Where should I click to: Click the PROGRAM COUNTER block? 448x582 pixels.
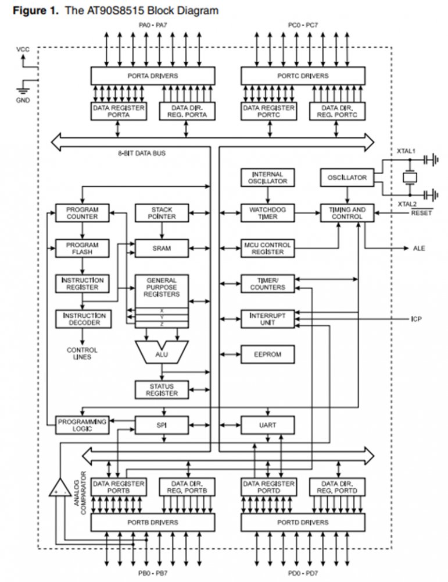point(82,213)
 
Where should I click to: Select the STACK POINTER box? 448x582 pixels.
point(162,213)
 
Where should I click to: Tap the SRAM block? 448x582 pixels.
point(162,248)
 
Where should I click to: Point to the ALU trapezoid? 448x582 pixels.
point(161,350)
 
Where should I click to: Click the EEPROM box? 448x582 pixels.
point(267,354)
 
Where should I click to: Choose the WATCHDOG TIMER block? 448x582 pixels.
point(267,213)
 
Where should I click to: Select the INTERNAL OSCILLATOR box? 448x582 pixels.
point(267,178)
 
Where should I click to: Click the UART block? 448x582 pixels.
point(267,425)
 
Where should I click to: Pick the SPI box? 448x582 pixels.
point(162,425)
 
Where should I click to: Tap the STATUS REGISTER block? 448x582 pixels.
point(162,389)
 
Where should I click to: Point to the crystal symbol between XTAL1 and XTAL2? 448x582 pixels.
point(410,177)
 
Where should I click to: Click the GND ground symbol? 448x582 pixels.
point(23,90)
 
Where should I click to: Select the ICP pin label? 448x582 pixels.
point(415,320)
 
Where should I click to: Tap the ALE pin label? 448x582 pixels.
point(419,249)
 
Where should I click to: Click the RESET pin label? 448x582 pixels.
point(422,213)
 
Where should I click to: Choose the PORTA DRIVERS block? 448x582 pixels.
point(152,76)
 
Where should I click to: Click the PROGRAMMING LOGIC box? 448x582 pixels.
point(82,425)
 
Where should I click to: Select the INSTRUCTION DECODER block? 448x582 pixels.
point(82,318)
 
